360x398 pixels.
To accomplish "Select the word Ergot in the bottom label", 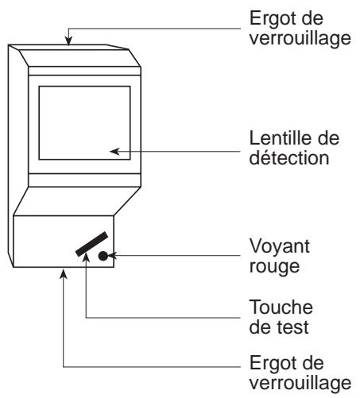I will pyautogui.click(x=268, y=364).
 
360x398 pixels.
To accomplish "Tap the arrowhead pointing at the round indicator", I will pyautogui.click(x=113, y=256).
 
